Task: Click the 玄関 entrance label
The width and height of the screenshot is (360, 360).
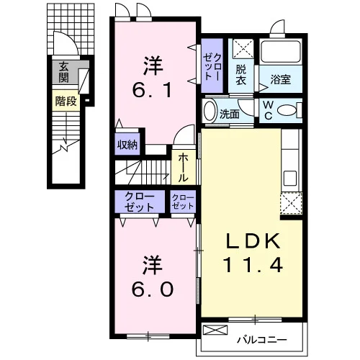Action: (x=64, y=72)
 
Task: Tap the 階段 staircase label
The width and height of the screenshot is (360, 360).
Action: (x=66, y=101)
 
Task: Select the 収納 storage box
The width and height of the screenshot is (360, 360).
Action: (x=127, y=144)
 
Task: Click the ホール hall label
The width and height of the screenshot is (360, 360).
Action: (x=183, y=168)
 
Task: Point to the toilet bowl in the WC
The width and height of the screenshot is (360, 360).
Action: (x=287, y=110)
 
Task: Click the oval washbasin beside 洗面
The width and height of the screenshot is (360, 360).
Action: (x=210, y=111)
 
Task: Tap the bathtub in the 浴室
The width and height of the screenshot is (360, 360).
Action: (x=281, y=52)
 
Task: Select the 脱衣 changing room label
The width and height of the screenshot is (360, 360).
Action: (x=240, y=75)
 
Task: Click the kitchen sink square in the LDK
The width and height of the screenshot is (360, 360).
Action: (x=290, y=179)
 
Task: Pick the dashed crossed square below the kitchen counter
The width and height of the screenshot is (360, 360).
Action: (x=291, y=203)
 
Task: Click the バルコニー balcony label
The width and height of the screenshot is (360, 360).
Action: (x=262, y=340)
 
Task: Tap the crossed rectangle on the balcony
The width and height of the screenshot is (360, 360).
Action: (x=215, y=330)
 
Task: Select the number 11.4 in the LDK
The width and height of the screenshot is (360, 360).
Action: (x=253, y=265)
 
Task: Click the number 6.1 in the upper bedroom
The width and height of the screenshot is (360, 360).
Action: (x=152, y=91)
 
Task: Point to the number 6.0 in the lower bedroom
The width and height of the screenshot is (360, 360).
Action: (x=153, y=289)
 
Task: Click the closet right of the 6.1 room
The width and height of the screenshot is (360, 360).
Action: (x=212, y=66)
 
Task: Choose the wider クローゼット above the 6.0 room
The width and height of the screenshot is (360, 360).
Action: (x=140, y=202)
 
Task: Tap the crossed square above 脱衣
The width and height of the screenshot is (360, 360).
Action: (x=243, y=48)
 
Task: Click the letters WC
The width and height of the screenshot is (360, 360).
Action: (x=268, y=110)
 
